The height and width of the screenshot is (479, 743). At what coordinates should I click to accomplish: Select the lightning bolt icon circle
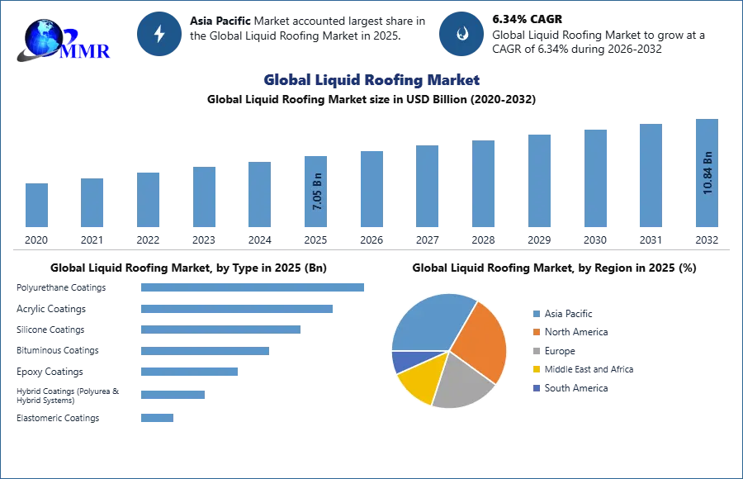[159, 34]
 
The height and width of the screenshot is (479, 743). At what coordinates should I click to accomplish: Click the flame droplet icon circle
[461, 34]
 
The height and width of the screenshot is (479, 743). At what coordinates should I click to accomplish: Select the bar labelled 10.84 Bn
[707, 174]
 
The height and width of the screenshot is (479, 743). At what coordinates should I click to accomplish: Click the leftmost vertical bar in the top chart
[35, 205]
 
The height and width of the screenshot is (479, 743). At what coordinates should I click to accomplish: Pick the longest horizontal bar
[253, 287]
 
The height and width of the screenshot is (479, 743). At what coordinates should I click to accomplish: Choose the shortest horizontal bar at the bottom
[158, 416]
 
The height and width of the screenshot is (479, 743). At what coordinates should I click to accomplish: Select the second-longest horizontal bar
[237, 310]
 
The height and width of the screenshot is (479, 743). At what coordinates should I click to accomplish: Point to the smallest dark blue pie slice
[403, 360]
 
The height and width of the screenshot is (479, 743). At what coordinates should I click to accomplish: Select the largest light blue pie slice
[429, 322]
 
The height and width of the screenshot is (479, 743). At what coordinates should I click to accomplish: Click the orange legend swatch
[535, 332]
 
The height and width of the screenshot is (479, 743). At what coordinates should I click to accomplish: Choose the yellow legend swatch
[535, 369]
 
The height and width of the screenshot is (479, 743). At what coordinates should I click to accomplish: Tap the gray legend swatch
[535, 351]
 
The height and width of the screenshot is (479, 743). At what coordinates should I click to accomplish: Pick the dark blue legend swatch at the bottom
[535, 388]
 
